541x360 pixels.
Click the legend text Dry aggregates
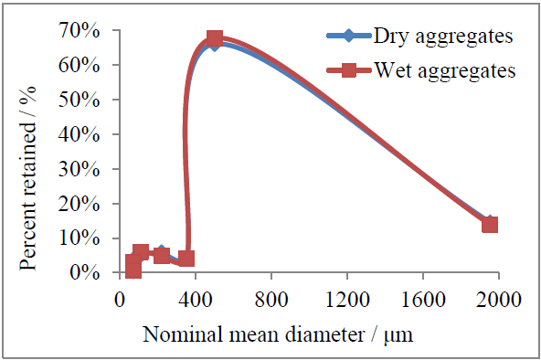pyautogui.click(x=441, y=37)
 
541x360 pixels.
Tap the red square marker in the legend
pyautogui.click(x=350, y=69)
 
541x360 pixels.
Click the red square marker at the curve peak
pyautogui.click(x=215, y=39)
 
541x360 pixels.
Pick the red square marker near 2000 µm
pyautogui.click(x=490, y=225)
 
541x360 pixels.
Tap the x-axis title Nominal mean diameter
pyautogui.click(x=281, y=334)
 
